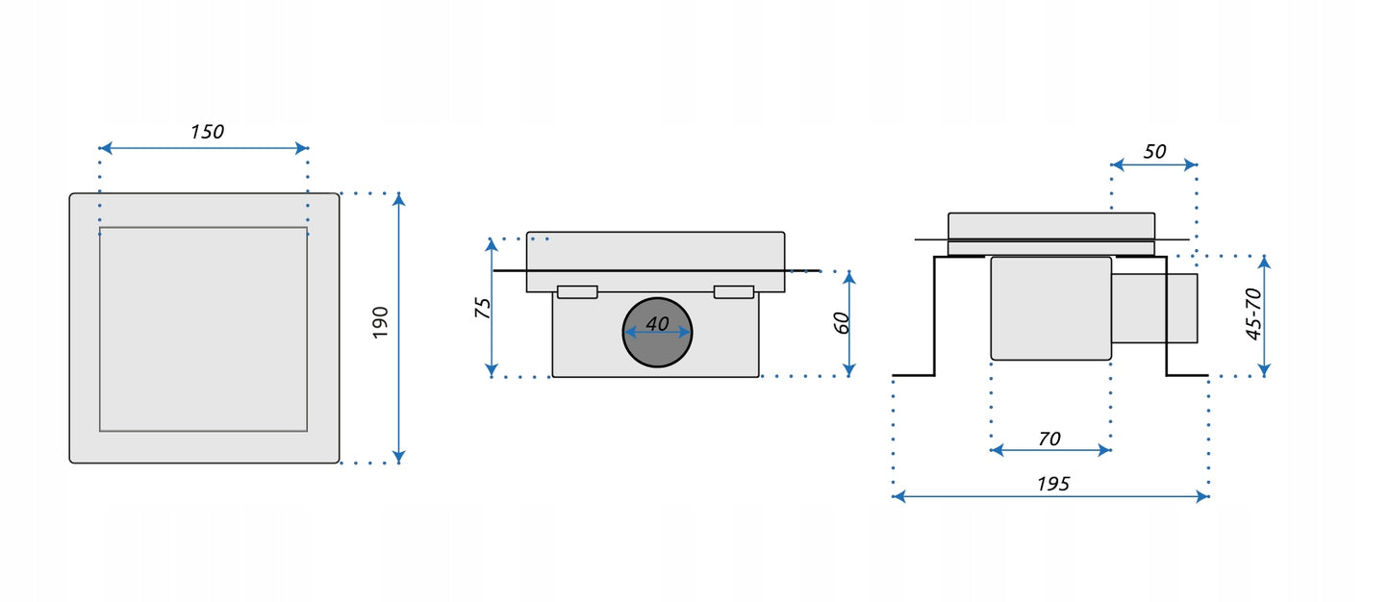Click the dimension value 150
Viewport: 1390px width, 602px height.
pos(207,132)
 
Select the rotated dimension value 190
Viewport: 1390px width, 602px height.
pos(380,323)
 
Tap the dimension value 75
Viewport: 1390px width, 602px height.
pos(484,308)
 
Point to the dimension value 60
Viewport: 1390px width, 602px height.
pos(842,323)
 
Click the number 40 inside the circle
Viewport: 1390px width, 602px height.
pos(657,324)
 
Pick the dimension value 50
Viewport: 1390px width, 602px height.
pos(1154,151)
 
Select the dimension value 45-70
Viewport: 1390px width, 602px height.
pos(1253,314)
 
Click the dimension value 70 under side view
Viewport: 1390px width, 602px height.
pos(1049,439)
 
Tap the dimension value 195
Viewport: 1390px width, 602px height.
pos(1053,484)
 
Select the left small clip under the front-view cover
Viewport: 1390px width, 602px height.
pos(577,291)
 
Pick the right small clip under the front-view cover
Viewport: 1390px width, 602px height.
pos(733,291)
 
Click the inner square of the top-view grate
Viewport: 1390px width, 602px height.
pos(203,329)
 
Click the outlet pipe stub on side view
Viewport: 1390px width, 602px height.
pos(1155,308)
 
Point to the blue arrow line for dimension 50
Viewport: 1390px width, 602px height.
pos(1154,165)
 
